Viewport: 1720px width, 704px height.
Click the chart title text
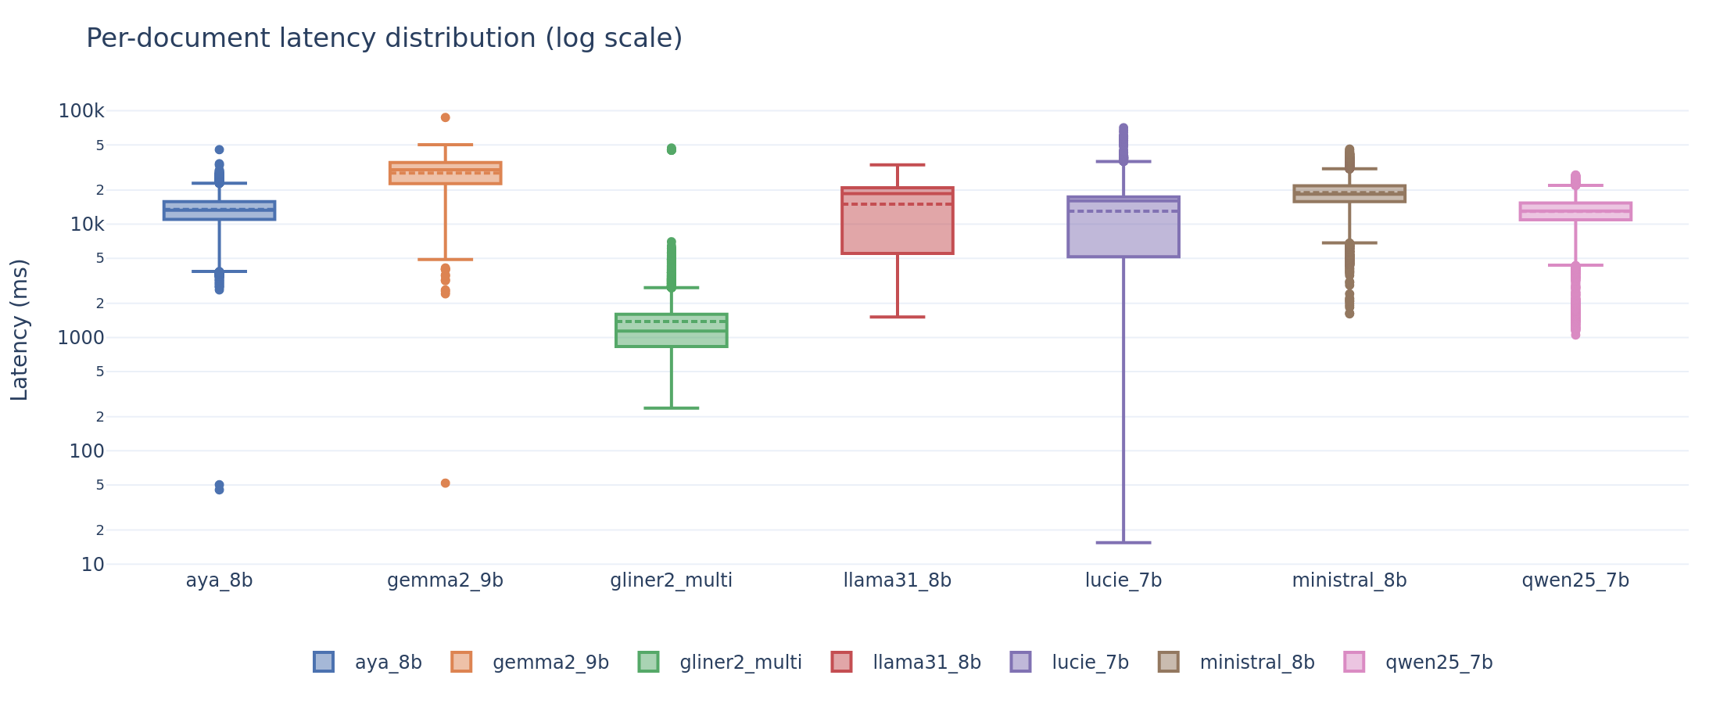384,38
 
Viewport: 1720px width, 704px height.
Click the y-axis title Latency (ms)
20,329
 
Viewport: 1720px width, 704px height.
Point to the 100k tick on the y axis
81,111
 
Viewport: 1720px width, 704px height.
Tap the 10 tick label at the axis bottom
92,565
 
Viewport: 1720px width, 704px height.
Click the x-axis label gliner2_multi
671,580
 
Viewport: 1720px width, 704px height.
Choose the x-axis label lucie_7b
1123,580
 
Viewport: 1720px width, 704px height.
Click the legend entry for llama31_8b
926,663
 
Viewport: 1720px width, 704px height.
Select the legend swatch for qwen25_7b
1354,662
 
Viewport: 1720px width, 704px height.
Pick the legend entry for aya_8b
388,663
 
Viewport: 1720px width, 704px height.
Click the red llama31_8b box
897,227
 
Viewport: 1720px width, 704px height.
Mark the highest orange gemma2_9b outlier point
445,117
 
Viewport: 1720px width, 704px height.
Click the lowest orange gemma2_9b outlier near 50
445,483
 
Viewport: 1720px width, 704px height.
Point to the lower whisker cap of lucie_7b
1123,542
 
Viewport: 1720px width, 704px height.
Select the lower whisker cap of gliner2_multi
671,408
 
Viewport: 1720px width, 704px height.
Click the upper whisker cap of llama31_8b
897,165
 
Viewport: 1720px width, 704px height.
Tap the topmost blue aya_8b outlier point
219,149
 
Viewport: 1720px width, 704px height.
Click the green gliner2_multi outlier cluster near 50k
671,149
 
